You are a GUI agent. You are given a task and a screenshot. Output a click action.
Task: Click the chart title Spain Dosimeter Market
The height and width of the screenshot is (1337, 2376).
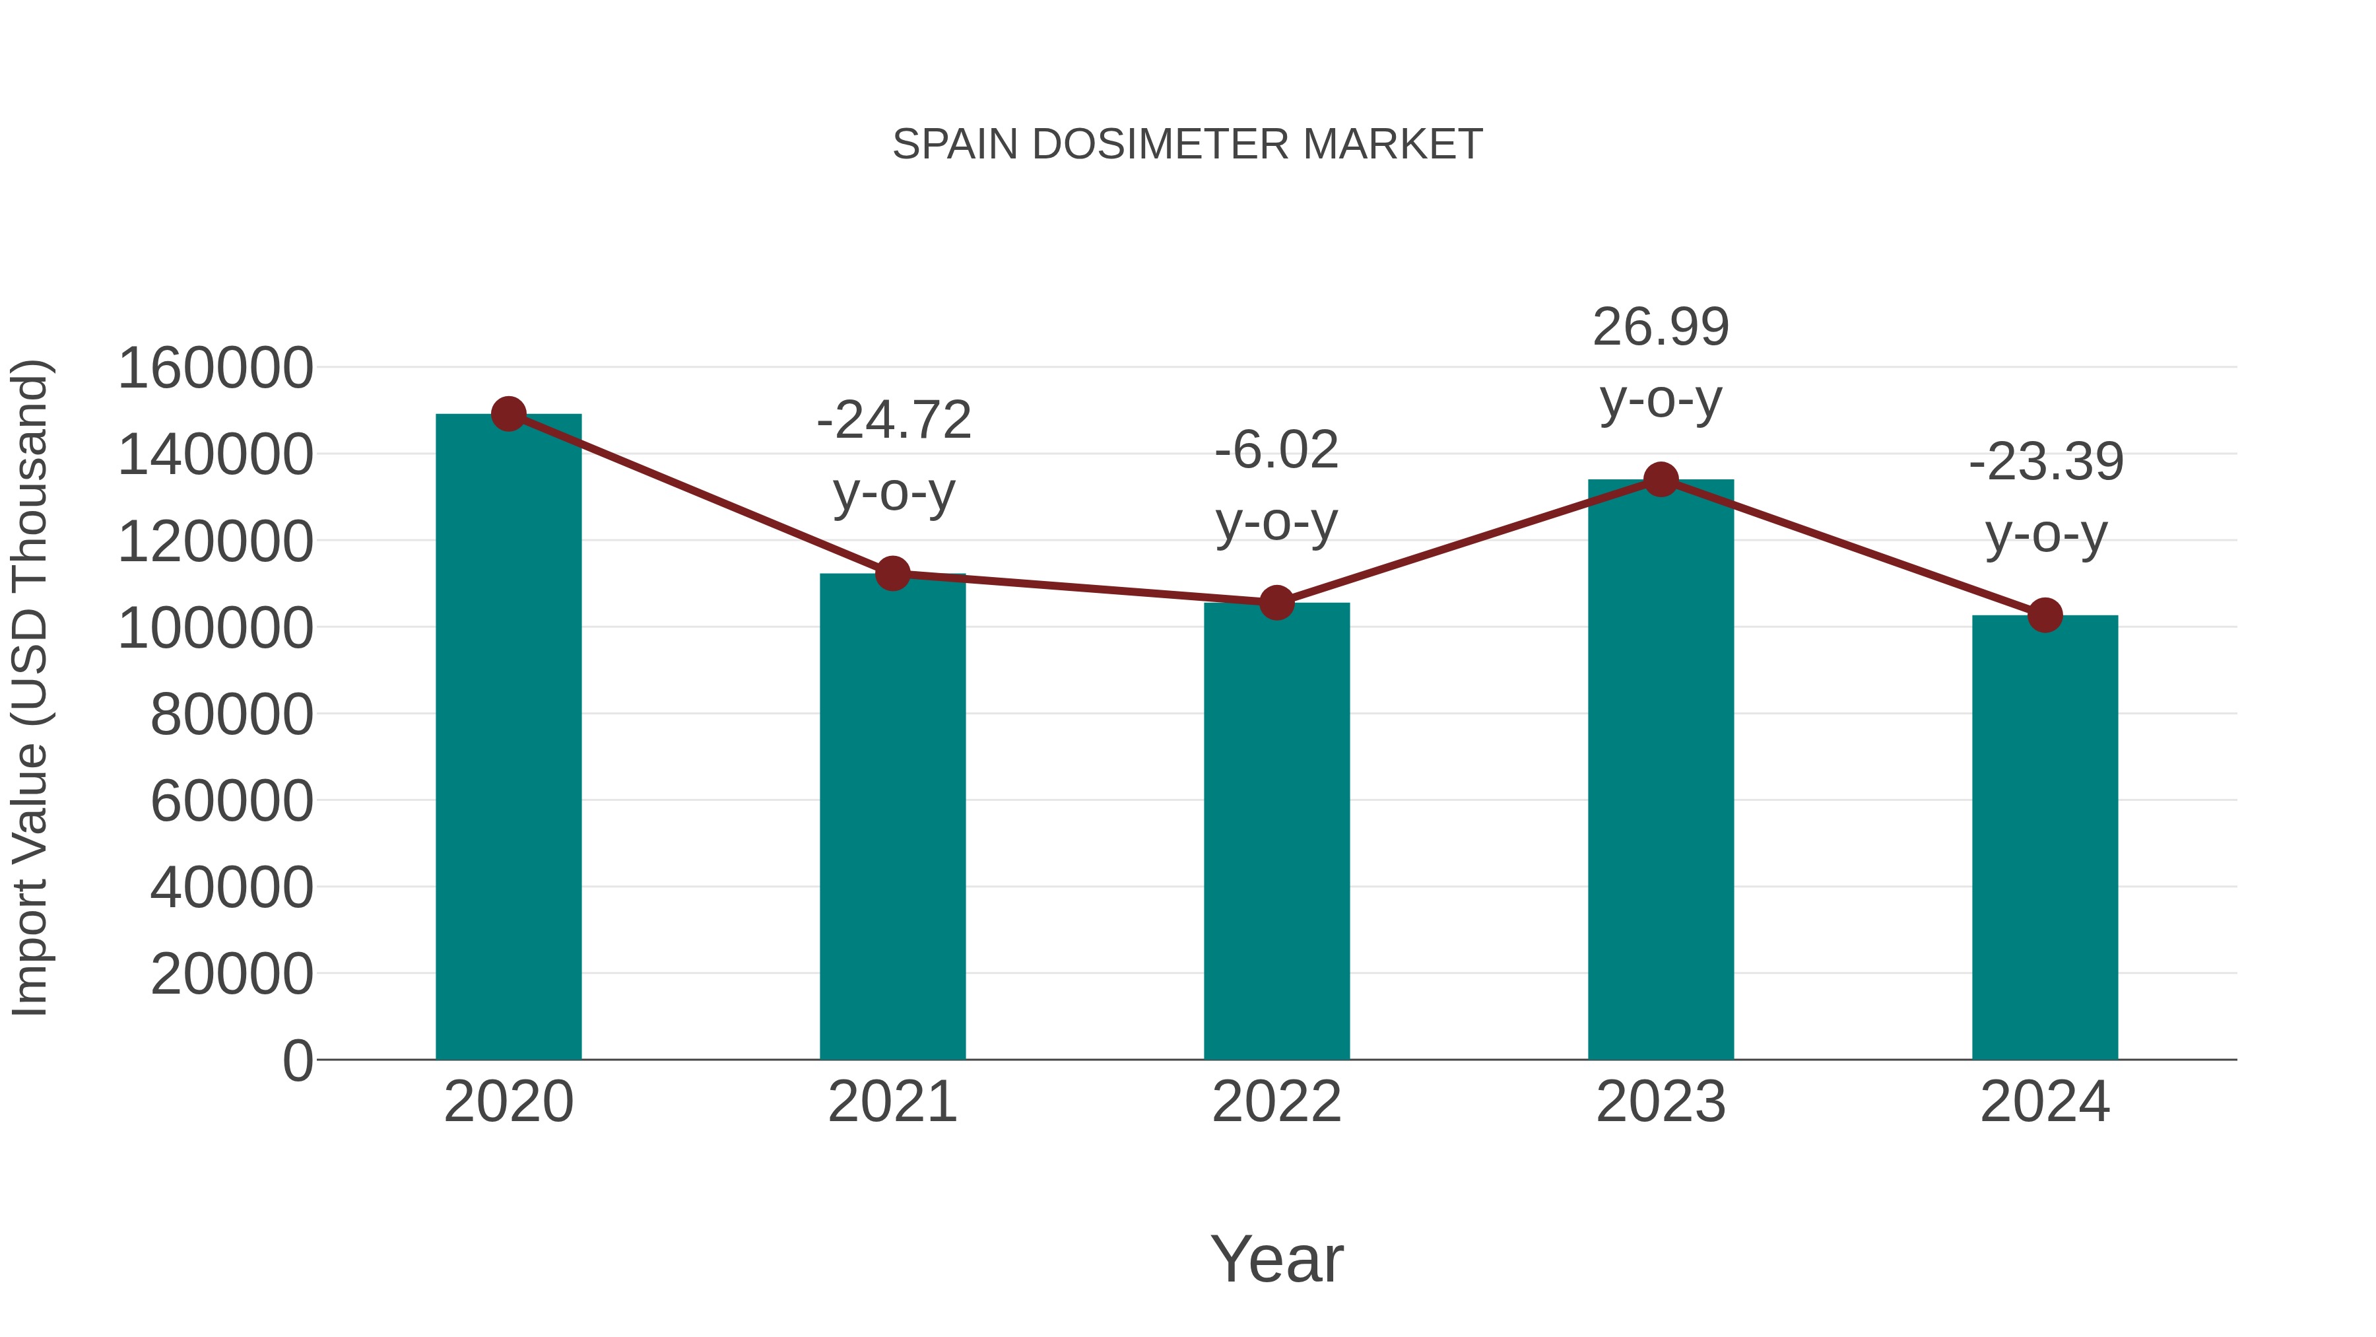click(x=1187, y=145)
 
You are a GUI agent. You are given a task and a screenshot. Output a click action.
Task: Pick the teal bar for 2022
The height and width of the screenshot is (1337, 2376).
click(x=1276, y=831)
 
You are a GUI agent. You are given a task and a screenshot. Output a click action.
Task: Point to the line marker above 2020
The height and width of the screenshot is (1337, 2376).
click(x=508, y=414)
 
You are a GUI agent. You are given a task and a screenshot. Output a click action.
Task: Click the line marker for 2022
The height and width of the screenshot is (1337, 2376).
click(x=1276, y=603)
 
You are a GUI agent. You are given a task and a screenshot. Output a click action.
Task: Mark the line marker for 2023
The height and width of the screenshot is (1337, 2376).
click(x=1661, y=480)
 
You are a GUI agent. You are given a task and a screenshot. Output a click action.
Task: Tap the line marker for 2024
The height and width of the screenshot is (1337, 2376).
click(x=2045, y=615)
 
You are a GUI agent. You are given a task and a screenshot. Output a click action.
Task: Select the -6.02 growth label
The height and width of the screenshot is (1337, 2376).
click(x=1276, y=451)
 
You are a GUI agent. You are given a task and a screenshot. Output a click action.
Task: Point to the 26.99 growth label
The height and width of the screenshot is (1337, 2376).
click(x=1661, y=327)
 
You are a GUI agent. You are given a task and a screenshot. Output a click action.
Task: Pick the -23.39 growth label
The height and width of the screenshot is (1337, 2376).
click(x=2046, y=462)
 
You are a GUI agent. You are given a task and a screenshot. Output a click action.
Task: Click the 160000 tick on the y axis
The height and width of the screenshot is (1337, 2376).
click(x=216, y=368)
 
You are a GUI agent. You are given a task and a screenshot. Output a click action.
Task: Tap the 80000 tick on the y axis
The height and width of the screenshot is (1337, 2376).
click(x=232, y=714)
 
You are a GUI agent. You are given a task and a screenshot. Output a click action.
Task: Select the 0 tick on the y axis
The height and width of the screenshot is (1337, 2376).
click(x=298, y=1060)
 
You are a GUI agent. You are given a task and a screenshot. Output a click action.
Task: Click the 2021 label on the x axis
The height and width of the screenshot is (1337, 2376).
click(x=892, y=1102)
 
